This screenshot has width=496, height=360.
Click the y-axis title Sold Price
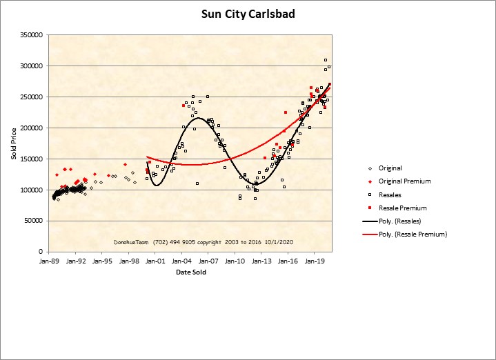[14, 143]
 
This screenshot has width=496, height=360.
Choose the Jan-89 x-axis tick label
[48, 262]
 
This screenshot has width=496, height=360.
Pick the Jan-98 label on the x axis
[128, 262]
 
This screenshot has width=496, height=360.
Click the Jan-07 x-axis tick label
[208, 262]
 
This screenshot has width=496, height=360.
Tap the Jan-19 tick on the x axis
[315, 262]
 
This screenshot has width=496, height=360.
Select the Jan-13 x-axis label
[262, 262]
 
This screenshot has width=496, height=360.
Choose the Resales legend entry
[390, 194]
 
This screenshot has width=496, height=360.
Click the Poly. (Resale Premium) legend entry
[413, 234]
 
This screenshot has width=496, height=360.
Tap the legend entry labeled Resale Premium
[402, 208]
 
